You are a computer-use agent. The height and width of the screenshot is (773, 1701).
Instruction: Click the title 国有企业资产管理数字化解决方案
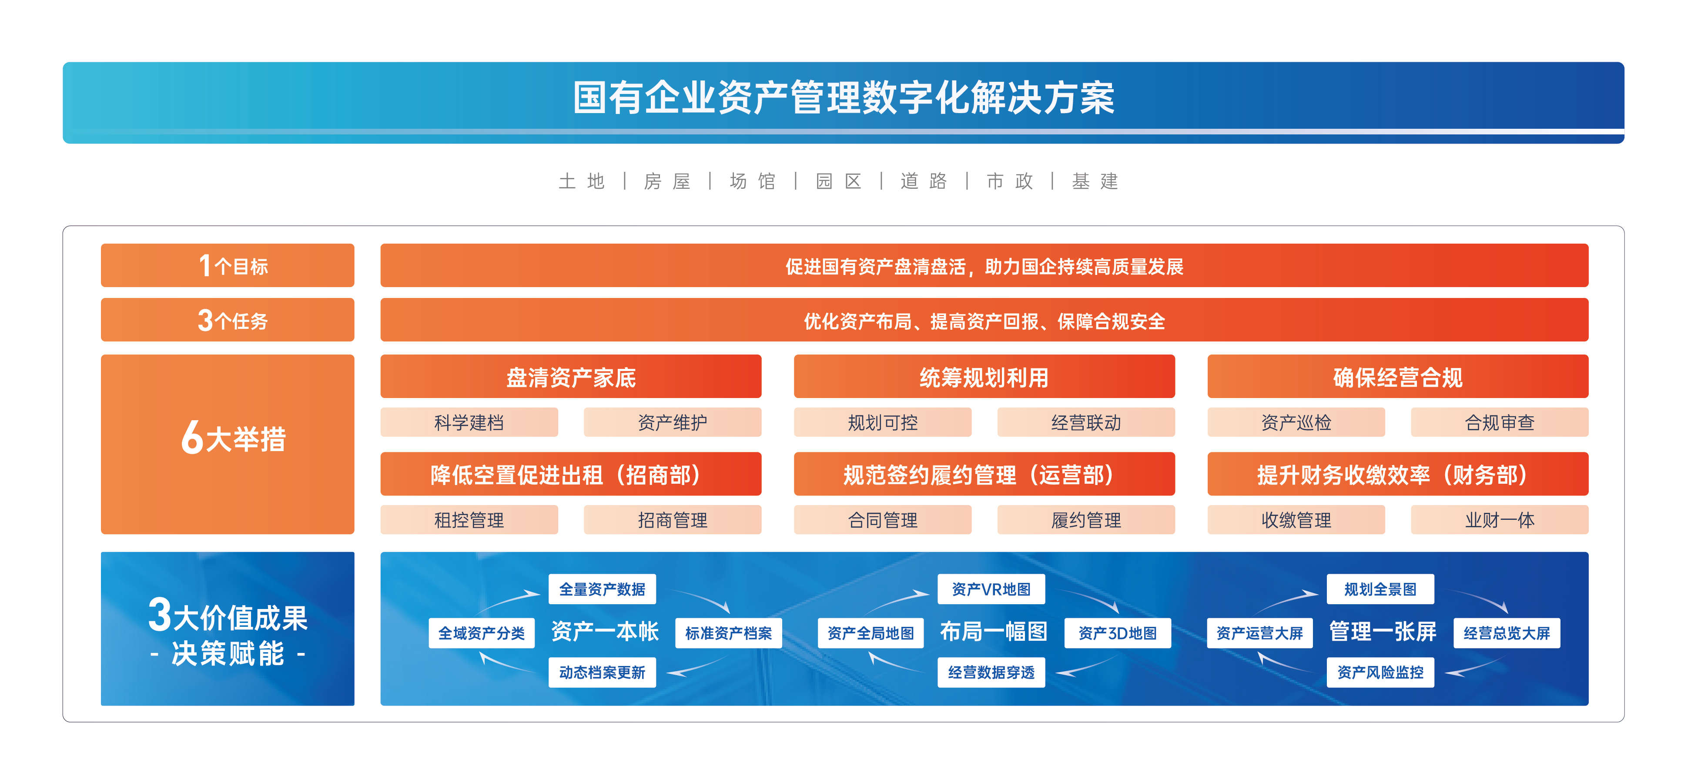click(843, 98)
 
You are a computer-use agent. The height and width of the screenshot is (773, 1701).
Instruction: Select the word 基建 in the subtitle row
click(1095, 181)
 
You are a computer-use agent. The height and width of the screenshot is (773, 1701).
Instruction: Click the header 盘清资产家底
click(570, 377)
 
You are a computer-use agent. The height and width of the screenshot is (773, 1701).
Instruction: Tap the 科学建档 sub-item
click(469, 422)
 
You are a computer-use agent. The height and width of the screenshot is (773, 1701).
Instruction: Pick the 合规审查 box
click(1499, 422)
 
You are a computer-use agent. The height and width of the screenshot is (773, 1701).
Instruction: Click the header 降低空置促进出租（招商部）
click(570, 474)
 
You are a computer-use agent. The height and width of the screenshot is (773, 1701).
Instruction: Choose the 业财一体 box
click(1499, 520)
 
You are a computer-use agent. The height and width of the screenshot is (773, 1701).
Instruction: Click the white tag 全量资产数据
click(602, 589)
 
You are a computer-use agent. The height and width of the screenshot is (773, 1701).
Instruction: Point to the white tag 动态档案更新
click(602, 672)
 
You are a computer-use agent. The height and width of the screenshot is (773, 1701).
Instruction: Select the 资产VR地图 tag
click(991, 589)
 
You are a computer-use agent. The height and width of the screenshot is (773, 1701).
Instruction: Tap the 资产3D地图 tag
click(1117, 633)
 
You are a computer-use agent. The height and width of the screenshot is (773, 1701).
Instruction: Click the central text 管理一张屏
click(1382, 631)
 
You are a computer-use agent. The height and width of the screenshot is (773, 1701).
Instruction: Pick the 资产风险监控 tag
click(1380, 672)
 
